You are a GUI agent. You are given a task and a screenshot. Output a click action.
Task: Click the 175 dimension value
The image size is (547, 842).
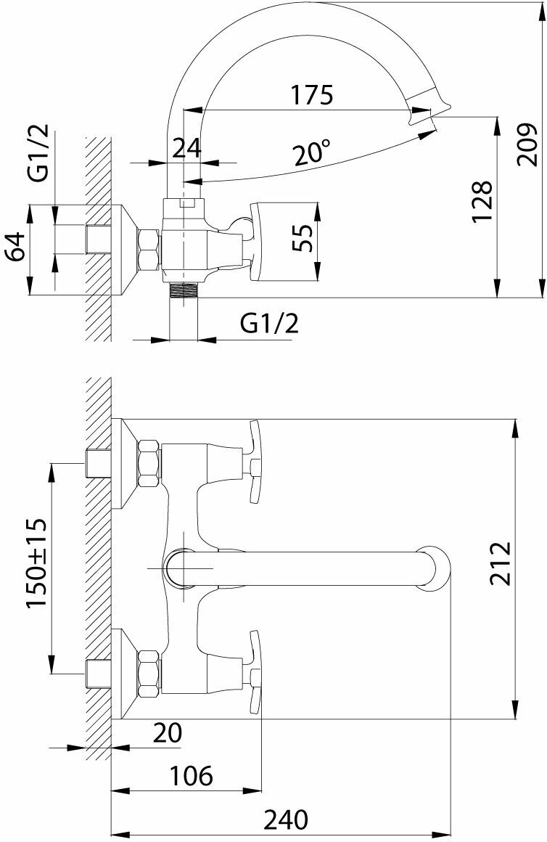point(311,95)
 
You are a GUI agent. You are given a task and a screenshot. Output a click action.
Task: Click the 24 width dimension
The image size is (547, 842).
point(186,147)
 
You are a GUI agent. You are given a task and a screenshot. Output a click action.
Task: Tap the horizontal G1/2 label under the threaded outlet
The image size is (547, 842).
point(269,323)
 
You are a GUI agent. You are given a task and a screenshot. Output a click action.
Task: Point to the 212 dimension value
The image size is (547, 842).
point(500,563)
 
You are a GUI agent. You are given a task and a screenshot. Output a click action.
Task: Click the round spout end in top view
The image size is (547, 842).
point(436,567)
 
